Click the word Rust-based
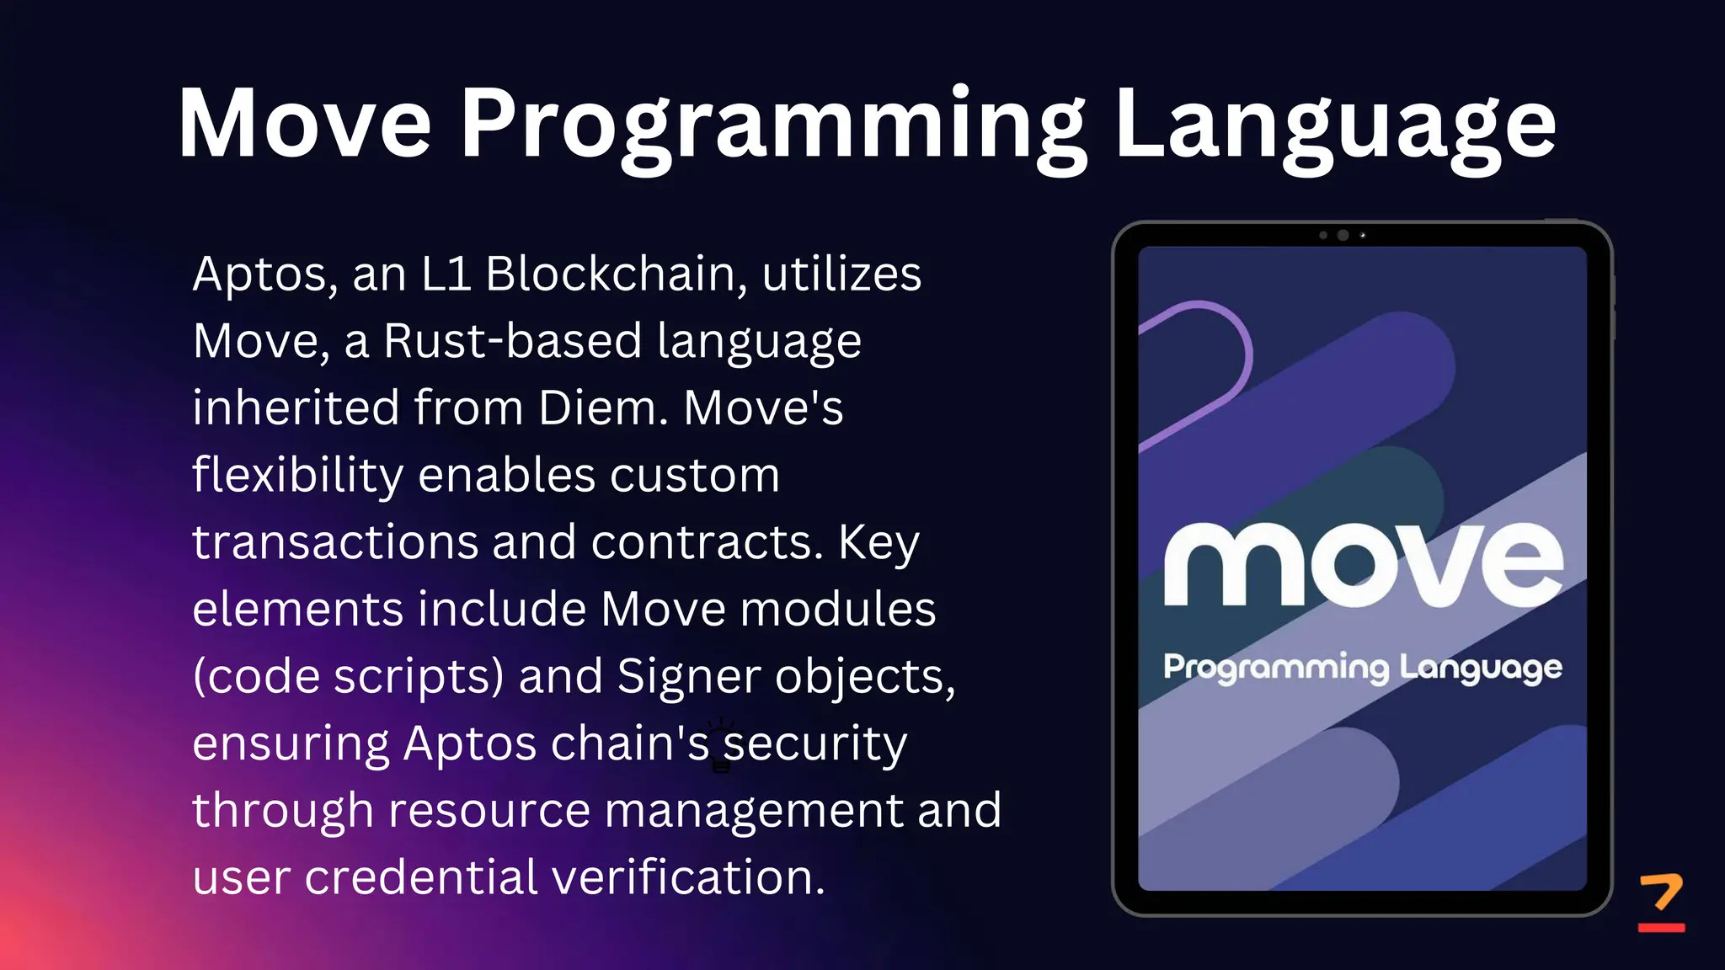[x=513, y=341]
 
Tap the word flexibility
[x=297, y=476]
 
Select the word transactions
[x=335, y=541]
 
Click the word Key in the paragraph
[x=879, y=543]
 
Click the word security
[x=815, y=744]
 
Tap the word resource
[x=489, y=810]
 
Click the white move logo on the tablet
[x=1363, y=564]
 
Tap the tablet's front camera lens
[x=1343, y=236]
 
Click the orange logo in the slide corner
[x=1661, y=902]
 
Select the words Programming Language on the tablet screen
[x=1363, y=668]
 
